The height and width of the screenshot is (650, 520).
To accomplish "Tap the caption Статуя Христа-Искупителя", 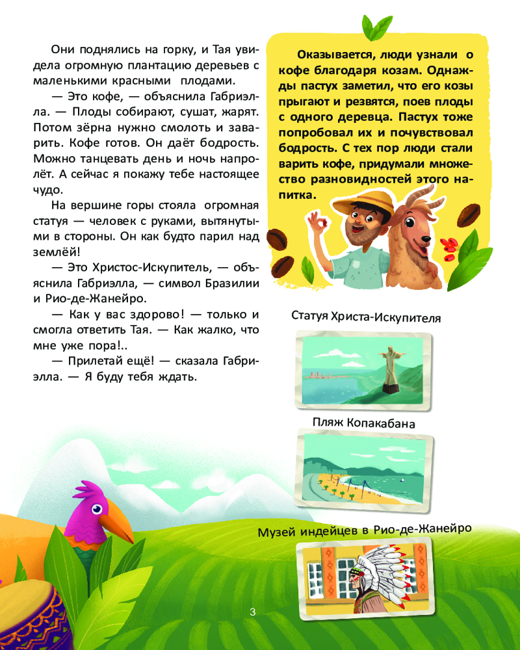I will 367,318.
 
